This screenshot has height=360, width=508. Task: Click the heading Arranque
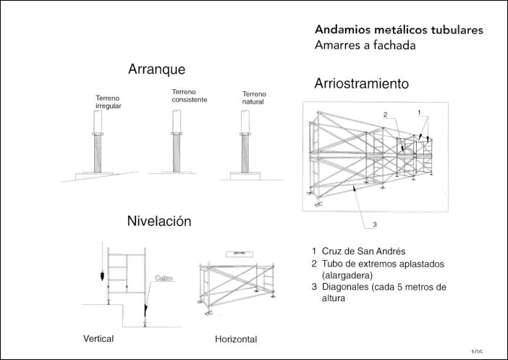point(156,70)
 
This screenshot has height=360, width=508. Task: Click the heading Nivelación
point(159,222)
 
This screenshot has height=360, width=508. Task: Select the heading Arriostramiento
point(361,84)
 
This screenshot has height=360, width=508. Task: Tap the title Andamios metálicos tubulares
point(399,30)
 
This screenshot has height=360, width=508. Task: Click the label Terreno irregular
point(108,102)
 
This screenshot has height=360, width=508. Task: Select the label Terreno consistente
point(189,96)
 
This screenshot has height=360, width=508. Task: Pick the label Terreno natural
point(254,98)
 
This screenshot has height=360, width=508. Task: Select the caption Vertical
point(98,339)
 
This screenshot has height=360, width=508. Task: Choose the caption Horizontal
point(236,339)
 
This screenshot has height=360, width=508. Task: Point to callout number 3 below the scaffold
point(375,225)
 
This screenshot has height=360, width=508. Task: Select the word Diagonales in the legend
point(347,288)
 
